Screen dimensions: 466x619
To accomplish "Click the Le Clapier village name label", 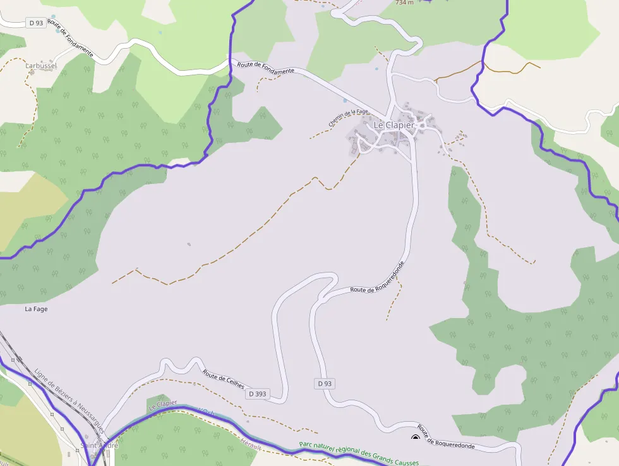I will [394, 125].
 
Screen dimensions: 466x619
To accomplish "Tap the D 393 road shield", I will [257, 394].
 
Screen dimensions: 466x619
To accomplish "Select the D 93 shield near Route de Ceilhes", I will [324, 384].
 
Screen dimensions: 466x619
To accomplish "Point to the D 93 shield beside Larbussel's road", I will [36, 23].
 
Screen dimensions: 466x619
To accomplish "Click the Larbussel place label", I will [41, 65].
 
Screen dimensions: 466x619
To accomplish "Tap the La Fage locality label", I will [36, 309].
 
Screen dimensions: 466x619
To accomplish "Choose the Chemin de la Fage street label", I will [348, 118].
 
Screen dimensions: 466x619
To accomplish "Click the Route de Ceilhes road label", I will [223, 377].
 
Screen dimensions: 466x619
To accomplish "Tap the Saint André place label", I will [99, 446].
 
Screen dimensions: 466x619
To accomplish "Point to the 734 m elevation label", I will [404, 3].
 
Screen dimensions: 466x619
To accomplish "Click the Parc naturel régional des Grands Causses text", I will [359, 451].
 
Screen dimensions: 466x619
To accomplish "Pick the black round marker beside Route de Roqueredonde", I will [416, 437].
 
